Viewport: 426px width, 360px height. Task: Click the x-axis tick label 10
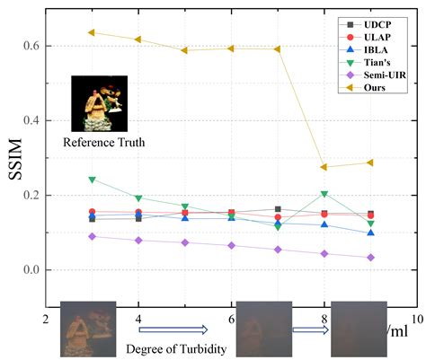[415, 318]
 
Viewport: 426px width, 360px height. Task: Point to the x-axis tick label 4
[138, 318]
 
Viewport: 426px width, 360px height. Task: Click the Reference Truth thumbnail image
[96, 104]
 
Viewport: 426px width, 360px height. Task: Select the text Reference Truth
[99, 142]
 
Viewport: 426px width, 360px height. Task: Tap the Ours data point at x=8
[324, 167]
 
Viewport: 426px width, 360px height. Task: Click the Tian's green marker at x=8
[324, 194]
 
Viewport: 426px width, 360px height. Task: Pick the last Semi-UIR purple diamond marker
[370, 258]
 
